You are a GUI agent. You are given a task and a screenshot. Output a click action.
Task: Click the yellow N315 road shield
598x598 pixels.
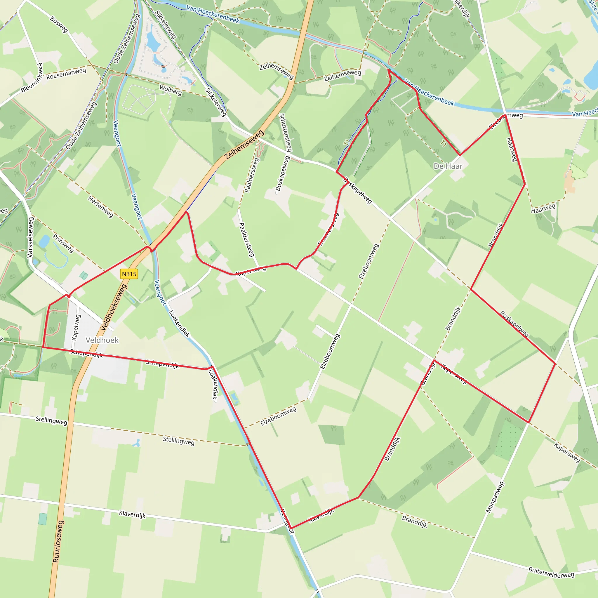pyautogui.click(x=129, y=274)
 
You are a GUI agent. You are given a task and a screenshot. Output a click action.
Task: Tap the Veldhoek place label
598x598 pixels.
pyautogui.click(x=102, y=340)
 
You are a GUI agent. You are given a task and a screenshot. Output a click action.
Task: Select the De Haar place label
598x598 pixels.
pyautogui.click(x=448, y=166)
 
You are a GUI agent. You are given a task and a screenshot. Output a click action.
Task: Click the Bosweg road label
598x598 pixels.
pyautogui.click(x=59, y=25)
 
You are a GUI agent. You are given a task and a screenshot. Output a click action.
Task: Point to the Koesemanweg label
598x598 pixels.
pyautogui.click(x=66, y=74)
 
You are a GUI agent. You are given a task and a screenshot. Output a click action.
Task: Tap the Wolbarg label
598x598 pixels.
pyautogui.click(x=171, y=90)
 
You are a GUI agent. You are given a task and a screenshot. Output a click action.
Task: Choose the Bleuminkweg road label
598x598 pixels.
pyautogui.click(x=32, y=78)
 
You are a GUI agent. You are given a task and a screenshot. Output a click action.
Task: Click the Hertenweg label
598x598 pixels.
pyautogui.click(x=101, y=206)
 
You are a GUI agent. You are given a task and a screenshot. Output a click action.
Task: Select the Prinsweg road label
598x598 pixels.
pyautogui.click(x=63, y=243)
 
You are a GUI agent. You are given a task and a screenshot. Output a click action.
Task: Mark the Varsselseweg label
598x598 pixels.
pyautogui.click(x=30, y=237)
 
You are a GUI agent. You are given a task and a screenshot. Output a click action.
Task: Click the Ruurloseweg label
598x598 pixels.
pyautogui.click(x=58, y=541)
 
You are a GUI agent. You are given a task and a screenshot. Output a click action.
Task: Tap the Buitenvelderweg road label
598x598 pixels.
pyautogui.click(x=551, y=572)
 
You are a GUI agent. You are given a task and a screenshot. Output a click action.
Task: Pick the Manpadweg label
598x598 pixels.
pyautogui.click(x=495, y=497)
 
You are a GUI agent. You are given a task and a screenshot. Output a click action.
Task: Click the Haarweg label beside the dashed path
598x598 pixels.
pyautogui.click(x=543, y=208)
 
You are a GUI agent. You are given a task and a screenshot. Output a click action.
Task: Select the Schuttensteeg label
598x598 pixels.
pyautogui.click(x=285, y=133)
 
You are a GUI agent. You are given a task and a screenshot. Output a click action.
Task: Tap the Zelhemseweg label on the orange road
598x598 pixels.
pyautogui.click(x=244, y=145)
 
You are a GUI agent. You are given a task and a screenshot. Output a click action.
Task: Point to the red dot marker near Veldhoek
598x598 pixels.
pyautogui.click(x=69, y=296)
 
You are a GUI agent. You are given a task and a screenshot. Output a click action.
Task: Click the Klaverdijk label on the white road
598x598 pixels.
pyautogui.click(x=132, y=514)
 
